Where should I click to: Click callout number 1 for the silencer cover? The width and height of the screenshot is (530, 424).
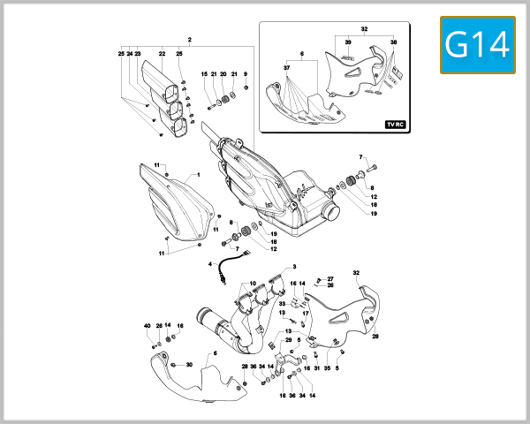click(199, 175)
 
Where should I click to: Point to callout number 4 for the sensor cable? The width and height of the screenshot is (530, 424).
click(210, 263)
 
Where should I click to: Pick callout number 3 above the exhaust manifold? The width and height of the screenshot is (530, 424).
click(294, 266)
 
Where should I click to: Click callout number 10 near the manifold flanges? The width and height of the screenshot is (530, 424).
click(253, 284)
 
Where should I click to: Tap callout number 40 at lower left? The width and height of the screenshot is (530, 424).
click(148, 326)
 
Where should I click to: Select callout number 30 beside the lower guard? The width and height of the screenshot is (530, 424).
click(189, 365)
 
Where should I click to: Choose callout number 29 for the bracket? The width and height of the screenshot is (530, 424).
click(288, 339)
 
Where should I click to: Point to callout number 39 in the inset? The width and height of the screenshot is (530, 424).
click(348, 42)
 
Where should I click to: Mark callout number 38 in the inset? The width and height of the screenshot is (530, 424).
click(393, 42)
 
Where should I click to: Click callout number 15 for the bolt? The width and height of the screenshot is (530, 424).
click(203, 74)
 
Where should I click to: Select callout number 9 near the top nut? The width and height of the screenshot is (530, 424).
click(246, 74)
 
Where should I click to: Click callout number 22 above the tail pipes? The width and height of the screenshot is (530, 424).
click(162, 54)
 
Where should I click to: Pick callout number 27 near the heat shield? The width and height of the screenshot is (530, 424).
click(330, 278)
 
